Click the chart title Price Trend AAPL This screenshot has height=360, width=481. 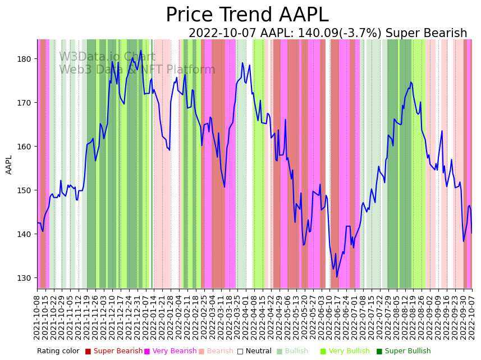[247, 15]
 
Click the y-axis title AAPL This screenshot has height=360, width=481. [9, 165]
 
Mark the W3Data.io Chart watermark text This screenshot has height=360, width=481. [107, 57]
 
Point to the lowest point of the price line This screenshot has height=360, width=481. [337, 277]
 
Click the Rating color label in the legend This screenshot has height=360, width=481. [58, 352]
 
